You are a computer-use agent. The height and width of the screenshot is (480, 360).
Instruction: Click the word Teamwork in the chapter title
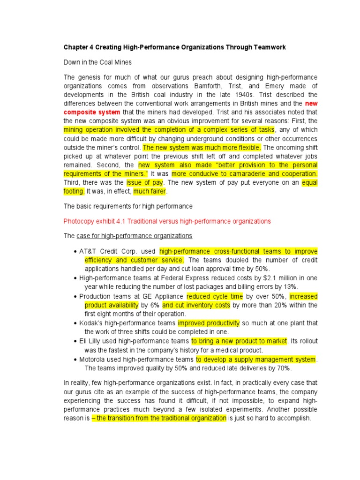coord(268,47)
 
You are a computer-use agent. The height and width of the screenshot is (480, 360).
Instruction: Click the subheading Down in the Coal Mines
coord(97,62)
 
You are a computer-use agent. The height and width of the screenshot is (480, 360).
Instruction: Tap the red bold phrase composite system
coord(92,112)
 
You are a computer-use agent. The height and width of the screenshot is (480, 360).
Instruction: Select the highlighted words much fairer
coord(150,191)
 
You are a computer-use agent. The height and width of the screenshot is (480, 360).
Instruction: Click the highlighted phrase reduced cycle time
coord(215,296)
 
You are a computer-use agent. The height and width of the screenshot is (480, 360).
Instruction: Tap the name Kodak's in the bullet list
coord(91,323)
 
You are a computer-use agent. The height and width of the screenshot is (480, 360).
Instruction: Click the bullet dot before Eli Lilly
coord(75,341)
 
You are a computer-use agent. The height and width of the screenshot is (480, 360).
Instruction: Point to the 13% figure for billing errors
coord(291,287)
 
